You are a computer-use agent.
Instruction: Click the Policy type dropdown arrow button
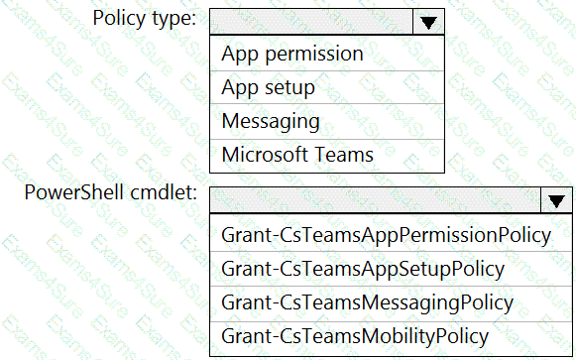tap(428, 22)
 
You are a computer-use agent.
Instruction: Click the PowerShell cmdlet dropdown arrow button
tap(556, 200)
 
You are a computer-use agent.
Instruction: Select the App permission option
tap(292, 54)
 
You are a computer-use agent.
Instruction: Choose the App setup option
tap(268, 87)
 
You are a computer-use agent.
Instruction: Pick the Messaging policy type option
tap(271, 121)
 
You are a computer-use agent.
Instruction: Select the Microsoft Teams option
tap(297, 155)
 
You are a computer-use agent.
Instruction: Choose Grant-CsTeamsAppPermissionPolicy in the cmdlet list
tap(386, 235)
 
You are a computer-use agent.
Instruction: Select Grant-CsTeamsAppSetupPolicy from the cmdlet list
tap(363, 269)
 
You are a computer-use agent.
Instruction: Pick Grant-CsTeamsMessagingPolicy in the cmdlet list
tap(368, 303)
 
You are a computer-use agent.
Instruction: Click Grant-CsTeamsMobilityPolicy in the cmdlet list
tap(355, 336)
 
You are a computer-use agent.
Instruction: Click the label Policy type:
tap(145, 18)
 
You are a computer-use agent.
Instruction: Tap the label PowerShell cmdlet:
tap(111, 192)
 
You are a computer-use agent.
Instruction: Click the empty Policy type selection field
tap(311, 22)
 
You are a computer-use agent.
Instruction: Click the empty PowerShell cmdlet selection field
tap(376, 200)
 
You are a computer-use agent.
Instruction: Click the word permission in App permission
tap(314, 55)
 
